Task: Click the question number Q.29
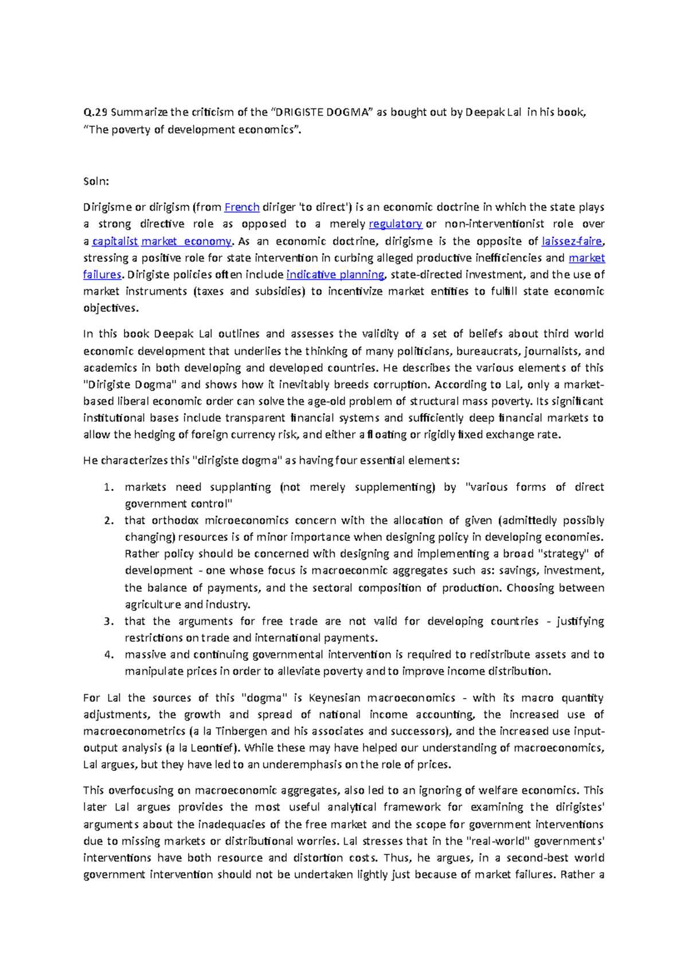(95, 112)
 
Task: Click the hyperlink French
(242, 207)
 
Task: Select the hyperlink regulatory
(396, 224)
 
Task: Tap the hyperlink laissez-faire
(572, 241)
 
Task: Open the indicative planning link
(335, 274)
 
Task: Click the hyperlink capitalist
(115, 241)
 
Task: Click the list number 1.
(108, 487)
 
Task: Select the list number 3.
(108, 621)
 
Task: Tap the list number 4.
(108, 654)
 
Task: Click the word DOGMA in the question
(350, 112)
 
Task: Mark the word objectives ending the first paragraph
(110, 308)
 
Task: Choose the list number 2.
(108, 521)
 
